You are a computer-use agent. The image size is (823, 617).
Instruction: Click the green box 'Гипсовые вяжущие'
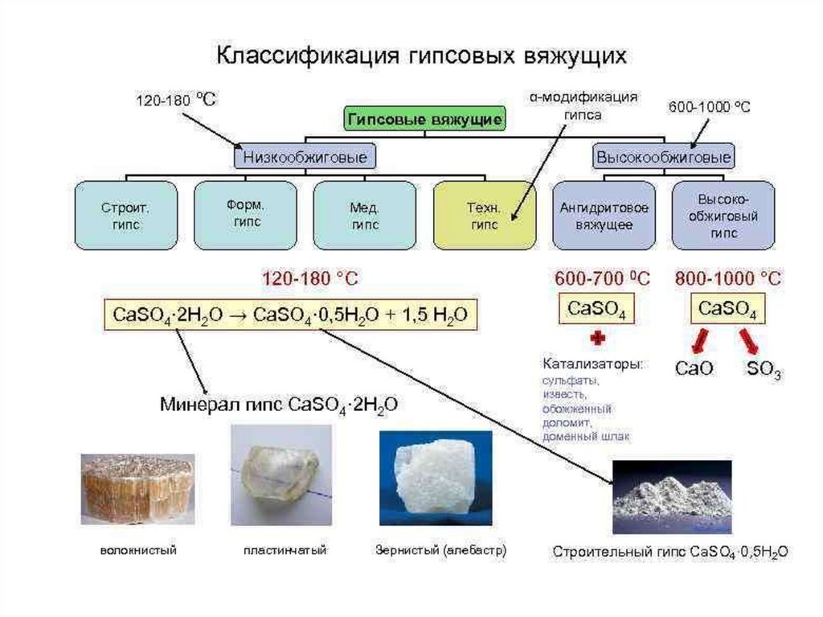coord(424,120)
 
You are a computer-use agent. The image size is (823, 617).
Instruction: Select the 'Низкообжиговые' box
coord(305,155)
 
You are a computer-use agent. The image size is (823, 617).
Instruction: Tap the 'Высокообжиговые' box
coord(663,155)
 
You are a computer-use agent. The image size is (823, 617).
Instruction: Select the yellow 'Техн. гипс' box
coord(484,216)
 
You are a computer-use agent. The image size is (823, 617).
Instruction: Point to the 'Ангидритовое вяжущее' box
coord(603,216)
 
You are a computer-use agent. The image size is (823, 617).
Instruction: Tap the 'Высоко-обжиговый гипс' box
coord(723,216)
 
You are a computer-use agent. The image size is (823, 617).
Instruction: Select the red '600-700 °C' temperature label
coord(602,279)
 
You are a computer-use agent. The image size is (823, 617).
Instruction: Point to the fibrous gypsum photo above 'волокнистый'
coord(137,487)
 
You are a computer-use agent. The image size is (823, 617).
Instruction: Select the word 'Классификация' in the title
coord(306,57)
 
